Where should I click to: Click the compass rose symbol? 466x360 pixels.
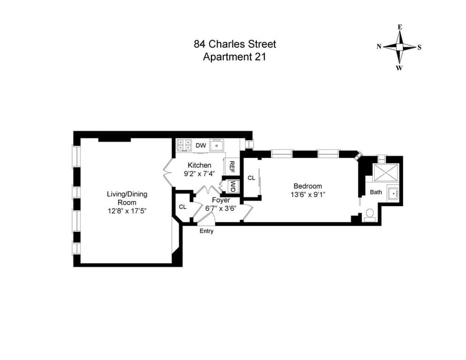(x=400, y=47)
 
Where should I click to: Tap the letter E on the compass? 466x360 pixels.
(x=400, y=27)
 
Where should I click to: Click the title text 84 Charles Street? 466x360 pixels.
(x=235, y=44)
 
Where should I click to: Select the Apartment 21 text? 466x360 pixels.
(x=234, y=57)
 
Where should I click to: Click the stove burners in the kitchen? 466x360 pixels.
(x=184, y=146)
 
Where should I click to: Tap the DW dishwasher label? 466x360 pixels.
(x=200, y=146)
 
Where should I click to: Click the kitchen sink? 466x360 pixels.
(x=217, y=146)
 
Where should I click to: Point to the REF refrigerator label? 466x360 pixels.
(x=232, y=167)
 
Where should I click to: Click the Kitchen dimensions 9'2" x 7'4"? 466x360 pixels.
(x=199, y=174)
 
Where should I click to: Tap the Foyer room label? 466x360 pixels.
(x=221, y=200)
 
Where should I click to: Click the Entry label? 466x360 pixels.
(x=207, y=231)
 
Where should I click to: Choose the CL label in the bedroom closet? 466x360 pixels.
(x=252, y=178)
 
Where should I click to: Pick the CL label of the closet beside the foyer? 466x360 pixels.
(x=182, y=207)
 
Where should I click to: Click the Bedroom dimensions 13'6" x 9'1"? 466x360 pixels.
(x=308, y=195)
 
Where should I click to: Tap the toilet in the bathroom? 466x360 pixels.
(x=370, y=215)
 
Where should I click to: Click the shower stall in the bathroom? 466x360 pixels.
(x=386, y=172)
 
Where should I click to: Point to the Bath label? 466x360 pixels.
(x=376, y=192)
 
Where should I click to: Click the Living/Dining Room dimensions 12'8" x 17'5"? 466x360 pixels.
(x=127, y=211)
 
